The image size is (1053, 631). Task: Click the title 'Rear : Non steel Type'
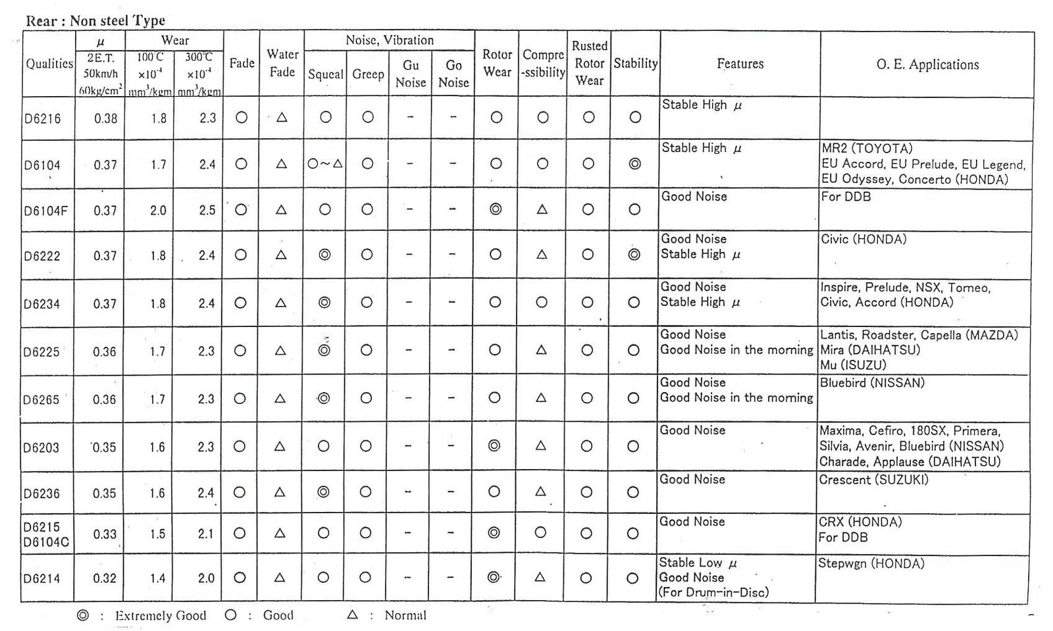click(95, 20)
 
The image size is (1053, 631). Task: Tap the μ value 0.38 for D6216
click(105, 118)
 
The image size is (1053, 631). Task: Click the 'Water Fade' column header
click(282, 63)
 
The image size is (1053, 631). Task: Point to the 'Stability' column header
click(635, 64)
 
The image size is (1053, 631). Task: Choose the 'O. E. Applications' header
click(927, 64)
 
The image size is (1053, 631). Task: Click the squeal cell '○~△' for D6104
click(325, 164)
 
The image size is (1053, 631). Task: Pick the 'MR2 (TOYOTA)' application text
click(867, 149)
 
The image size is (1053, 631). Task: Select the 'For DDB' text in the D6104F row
click(846, 197)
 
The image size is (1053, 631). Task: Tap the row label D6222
click(42, 255)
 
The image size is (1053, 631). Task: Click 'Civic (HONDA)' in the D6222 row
click(863, 240)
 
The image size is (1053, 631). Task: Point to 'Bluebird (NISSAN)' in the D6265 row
click(872, 382)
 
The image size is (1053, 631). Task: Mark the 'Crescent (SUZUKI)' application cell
click(873, 480)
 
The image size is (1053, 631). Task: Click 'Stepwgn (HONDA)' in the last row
click(871, 563)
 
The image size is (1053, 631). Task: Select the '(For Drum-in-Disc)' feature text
click(713, 592)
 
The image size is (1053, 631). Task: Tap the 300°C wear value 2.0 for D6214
click(206, 578)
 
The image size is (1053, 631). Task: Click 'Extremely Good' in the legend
click(160, 616)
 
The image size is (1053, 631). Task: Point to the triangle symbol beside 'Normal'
click(352, 615)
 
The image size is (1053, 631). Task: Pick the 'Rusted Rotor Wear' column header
click(589, 63)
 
